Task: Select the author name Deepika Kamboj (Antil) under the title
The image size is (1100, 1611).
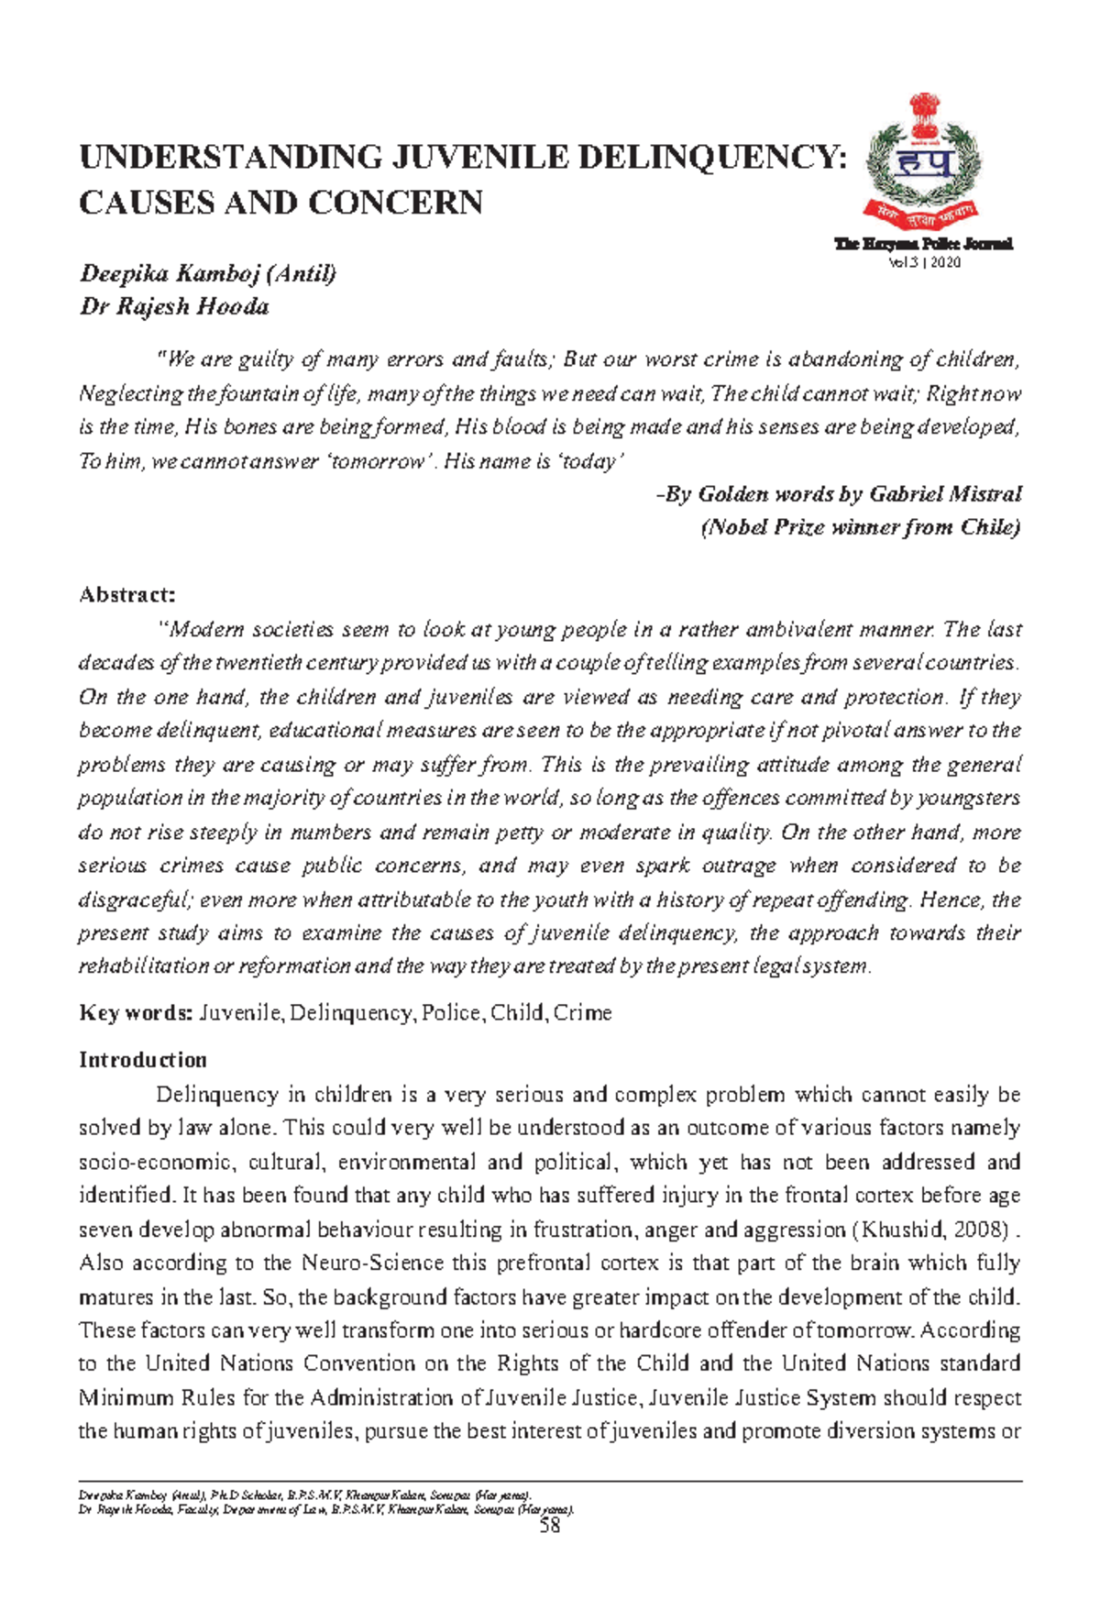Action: pos(208,273)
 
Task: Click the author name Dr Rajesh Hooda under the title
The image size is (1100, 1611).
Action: pos(174,306)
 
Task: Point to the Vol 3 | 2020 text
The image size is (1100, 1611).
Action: pos(923,263)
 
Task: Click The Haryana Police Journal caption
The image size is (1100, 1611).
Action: pos(923,244)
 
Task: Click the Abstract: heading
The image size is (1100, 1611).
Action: pos(126,595)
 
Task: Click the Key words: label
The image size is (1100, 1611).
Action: pos(135,1013)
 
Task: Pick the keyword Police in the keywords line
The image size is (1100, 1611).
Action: pos(452,1013)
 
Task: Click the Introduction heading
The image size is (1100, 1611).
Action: pos(143,1060)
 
